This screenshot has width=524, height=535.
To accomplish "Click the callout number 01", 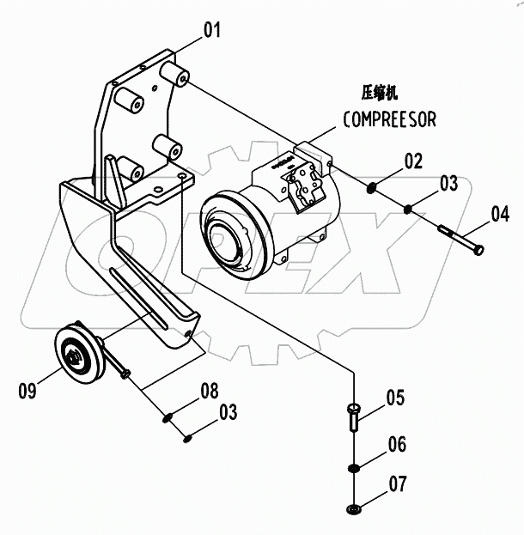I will pyautogui.click(x=211, y=31).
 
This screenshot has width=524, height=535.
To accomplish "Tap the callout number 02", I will pyautogui.click(x=414, y=160).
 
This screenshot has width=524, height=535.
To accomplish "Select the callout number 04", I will pyautogui.click(x=500, y=213).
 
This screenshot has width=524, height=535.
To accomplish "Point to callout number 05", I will pyautogui.click(x=394, y=398).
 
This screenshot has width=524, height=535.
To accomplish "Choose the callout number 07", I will pyautogui.click(x=397, y=485).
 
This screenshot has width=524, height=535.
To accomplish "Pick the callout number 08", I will pyautogui.click(x=210, y=391).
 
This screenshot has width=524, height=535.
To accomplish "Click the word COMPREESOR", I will pyautogui.click(x=389, y=120).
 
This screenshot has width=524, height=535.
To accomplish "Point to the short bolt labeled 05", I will pyautogui.click(x=355, y=418).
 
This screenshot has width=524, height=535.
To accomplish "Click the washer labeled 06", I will pyautogui.click(x=353, y=468).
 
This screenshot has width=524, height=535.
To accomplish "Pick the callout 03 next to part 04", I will pyautogui.click(x=448, y=183).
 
